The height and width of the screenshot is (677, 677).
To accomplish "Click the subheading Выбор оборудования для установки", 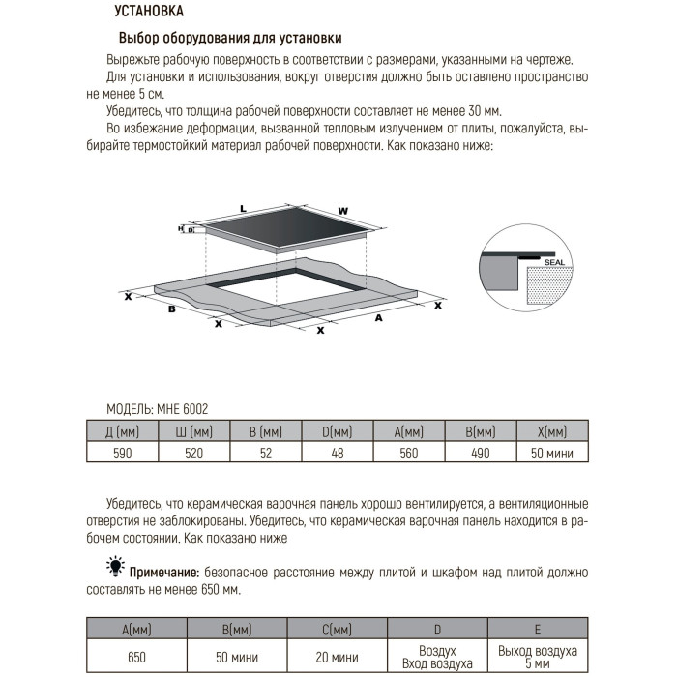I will coord(230,39).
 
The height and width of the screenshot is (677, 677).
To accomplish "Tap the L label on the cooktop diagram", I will coord(244,209).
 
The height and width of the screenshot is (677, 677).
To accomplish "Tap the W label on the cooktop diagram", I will coord(342,211).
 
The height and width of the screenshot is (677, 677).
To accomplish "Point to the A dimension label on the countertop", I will coord(378,316).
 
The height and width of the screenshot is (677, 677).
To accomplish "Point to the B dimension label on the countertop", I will coord(171,309).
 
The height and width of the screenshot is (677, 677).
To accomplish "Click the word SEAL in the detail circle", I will coord(553,261).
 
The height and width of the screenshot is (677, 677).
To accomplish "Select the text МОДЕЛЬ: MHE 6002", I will coord(157,409).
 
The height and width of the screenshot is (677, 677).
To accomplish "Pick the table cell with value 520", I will coord(193,453).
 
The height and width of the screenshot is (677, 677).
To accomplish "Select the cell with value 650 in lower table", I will coord(137,657).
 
